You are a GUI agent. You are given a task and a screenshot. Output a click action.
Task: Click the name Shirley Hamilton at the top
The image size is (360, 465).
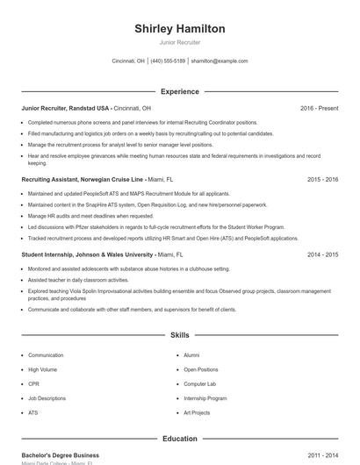coord(179,29)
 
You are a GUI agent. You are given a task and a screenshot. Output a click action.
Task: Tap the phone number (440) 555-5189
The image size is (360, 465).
coord(168,61)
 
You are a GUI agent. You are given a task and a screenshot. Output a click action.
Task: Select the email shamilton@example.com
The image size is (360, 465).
coord(220,61)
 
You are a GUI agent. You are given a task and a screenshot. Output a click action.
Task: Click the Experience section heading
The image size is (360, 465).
coord(179,91)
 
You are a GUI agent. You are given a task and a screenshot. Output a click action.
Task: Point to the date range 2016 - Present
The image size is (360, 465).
coord(319,108)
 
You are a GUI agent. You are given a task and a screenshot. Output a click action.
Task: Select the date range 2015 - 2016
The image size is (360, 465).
coord(323,178)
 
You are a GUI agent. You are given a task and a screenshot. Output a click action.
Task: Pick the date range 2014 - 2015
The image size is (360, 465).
coord(323,254)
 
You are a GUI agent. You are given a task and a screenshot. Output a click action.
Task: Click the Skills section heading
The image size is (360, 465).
coord(179,335)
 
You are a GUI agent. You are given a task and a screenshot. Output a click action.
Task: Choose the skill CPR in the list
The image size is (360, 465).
coord(33,383)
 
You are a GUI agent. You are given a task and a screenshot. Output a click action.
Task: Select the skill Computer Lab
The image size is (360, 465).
coord(199,383)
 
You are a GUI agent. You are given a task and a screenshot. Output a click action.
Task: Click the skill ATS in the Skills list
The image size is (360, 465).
coord(33,412)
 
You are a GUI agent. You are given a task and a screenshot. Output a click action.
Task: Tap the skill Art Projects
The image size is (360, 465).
coord(197,412)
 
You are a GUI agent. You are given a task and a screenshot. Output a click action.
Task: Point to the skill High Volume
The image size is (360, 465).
coord(41,369)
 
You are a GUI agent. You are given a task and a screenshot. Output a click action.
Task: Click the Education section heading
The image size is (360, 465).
coord(179,439)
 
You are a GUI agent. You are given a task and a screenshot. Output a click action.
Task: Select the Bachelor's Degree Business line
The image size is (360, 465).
coord(60,455)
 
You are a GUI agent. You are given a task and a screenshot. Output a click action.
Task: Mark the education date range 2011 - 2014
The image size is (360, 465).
coord(323,455)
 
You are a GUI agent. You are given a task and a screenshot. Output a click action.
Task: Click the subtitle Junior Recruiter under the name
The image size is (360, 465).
coord(179,42)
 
